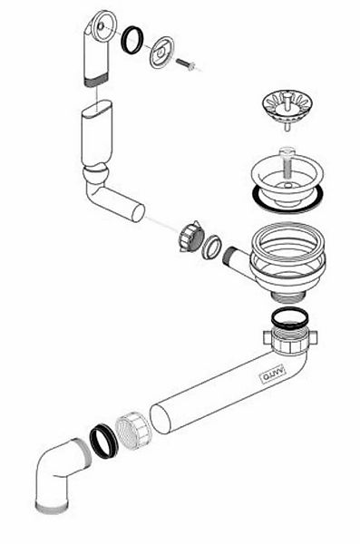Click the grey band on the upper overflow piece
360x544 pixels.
(x=95, y=80)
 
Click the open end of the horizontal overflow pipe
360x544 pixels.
(x=139, y=212)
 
